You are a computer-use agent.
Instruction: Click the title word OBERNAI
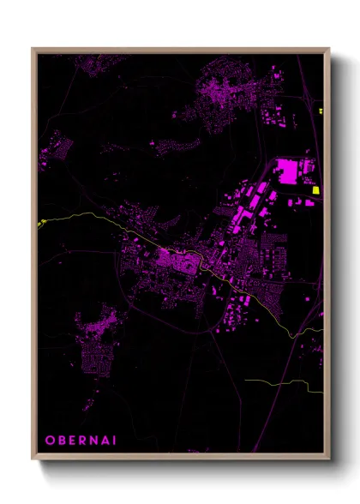77,440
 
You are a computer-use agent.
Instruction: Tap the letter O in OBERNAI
50,440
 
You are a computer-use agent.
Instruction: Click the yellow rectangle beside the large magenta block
315,190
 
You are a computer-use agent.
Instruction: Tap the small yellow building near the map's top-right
320,111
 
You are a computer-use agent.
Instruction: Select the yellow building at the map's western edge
39,224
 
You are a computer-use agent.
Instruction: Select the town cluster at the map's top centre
225,94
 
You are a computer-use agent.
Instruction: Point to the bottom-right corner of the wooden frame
328,459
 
